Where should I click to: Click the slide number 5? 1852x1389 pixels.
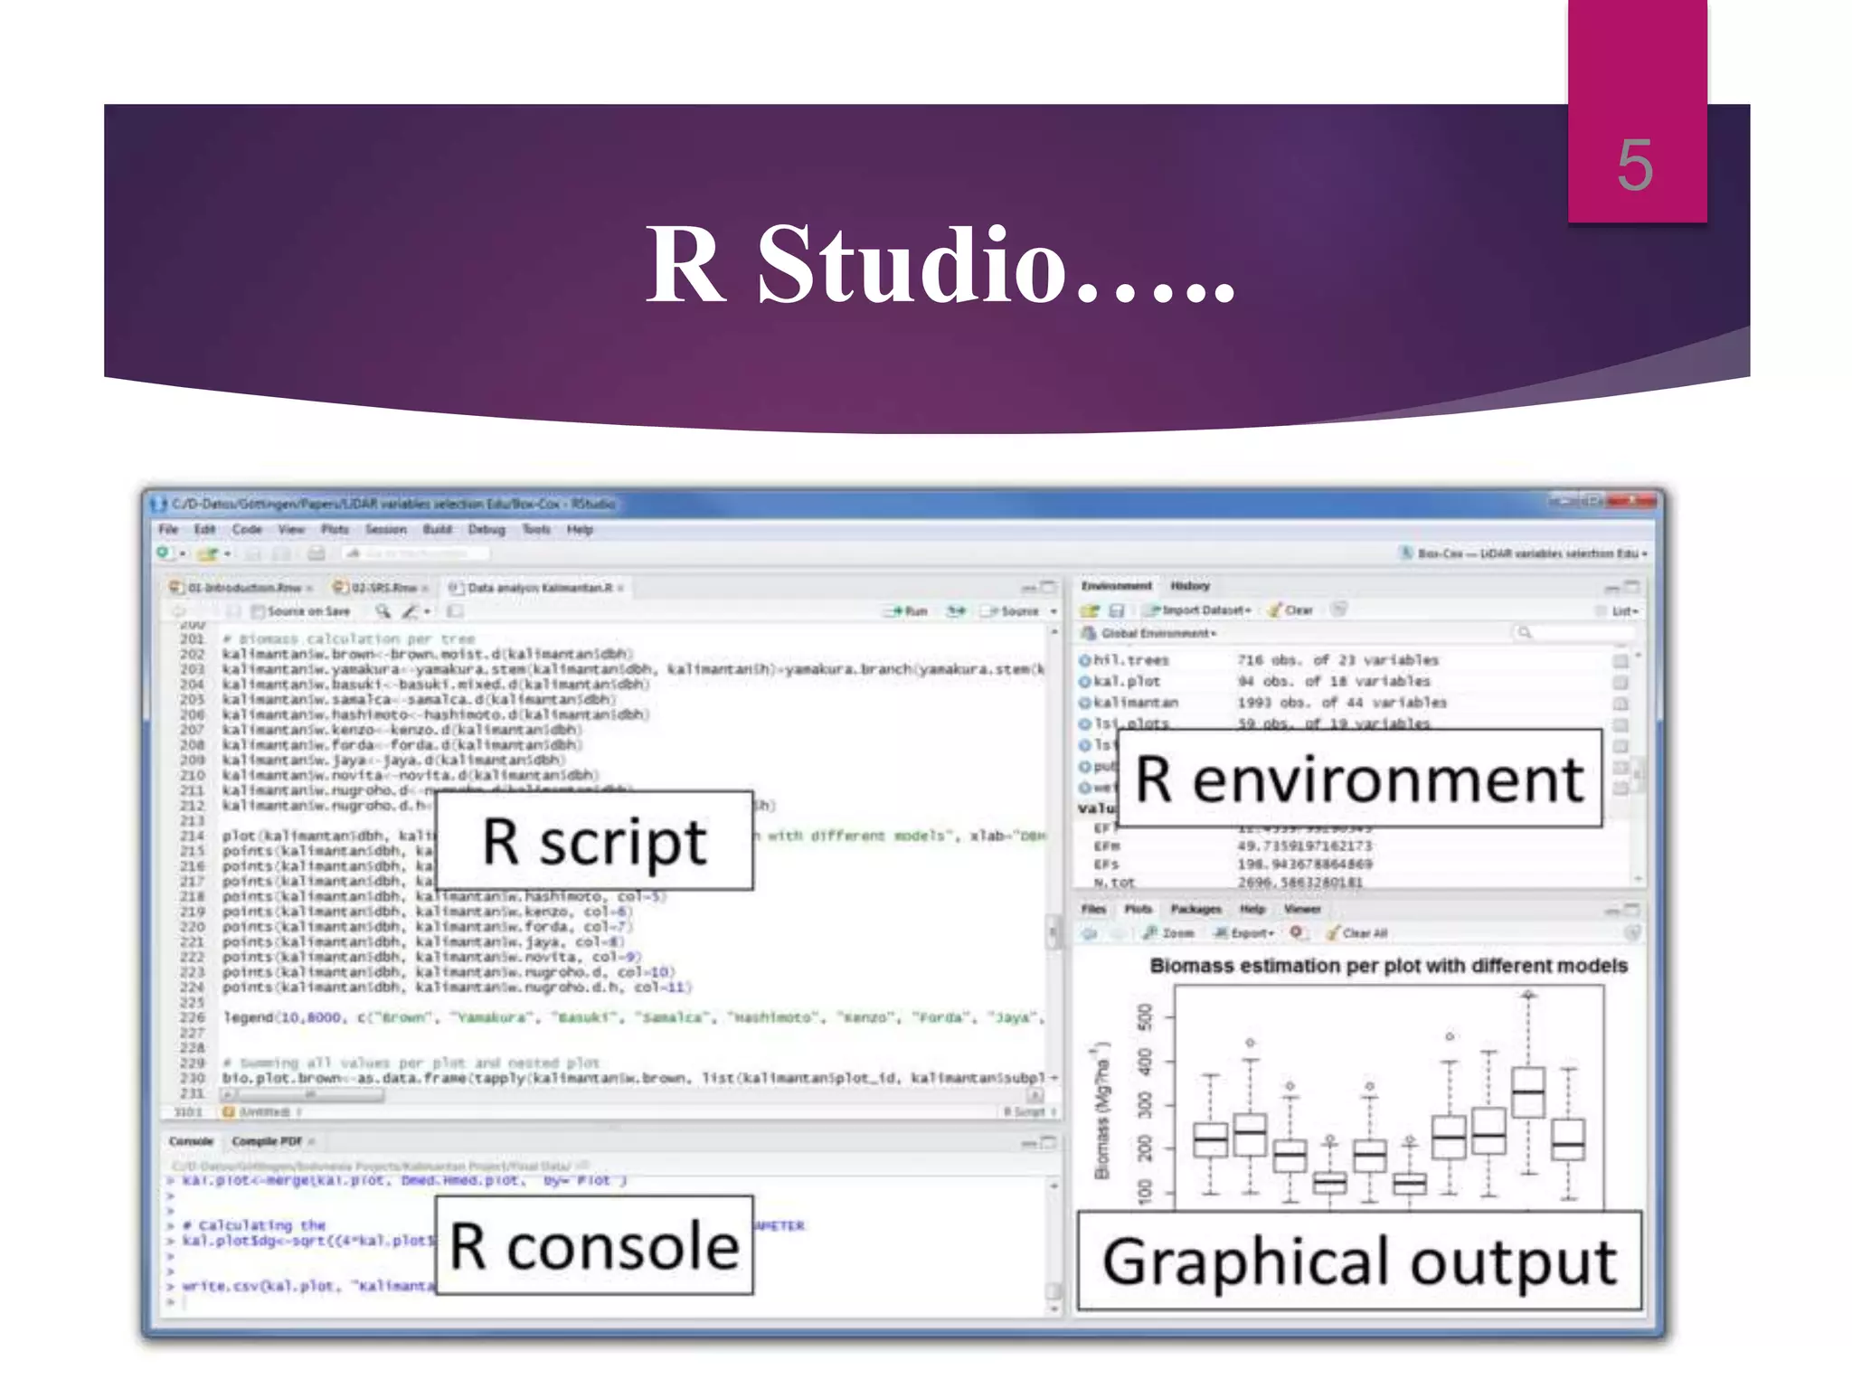pos(1635,165)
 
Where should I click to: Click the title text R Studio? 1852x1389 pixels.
pos(940,264)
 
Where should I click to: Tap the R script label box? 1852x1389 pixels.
pos(594,841)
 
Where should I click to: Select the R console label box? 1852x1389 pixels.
pos(594,1246)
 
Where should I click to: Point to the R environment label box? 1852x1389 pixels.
pos(1359,779)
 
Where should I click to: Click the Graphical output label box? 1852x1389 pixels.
pos(1359,1261)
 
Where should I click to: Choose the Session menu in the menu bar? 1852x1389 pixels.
pos(385,529)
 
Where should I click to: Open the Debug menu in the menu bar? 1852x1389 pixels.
pos(487,529)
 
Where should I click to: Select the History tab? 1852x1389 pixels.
pos(1189,586)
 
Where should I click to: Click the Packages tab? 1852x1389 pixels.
pos(1195,909)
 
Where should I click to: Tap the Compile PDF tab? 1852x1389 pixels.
pos(267,1141)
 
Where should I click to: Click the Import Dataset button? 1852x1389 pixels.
pos(1198,610)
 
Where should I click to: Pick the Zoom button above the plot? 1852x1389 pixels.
pos(1170,932)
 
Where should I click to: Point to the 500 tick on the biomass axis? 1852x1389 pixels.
pos(1146,1016)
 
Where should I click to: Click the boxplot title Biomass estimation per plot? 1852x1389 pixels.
pos(1388,966)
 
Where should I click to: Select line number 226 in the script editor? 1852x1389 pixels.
pos(192,1017)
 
